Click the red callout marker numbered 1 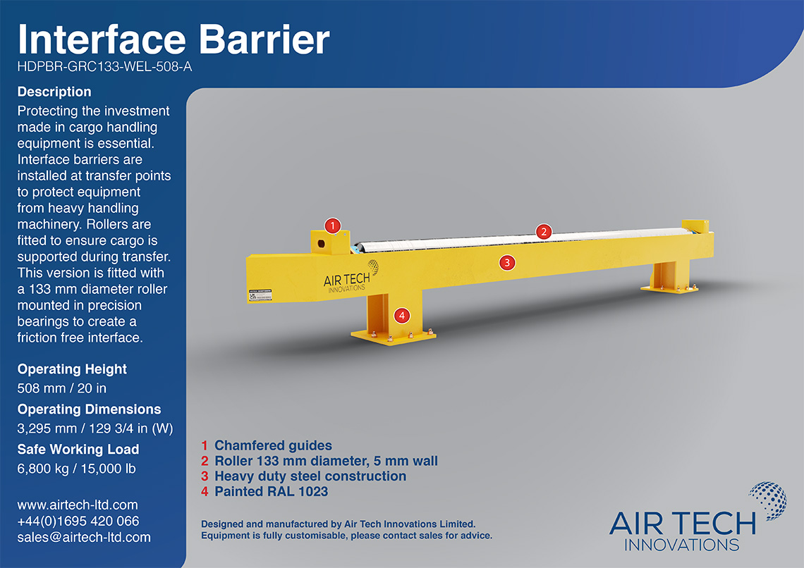333,226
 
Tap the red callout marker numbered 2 544,232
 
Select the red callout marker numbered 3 507,263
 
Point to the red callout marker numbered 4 402,316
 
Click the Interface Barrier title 173,39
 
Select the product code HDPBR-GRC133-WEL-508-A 104,66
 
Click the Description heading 54,92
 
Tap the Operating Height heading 72,369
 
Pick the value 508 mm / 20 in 62,388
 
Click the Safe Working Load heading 78,449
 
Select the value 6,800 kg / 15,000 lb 76,469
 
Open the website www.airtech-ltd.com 78,505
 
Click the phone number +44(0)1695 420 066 78,521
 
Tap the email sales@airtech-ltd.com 84,537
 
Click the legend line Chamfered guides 267,445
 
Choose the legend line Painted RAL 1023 264,492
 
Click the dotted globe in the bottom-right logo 768,500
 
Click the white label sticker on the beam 260,295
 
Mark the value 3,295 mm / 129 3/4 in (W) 95,428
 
